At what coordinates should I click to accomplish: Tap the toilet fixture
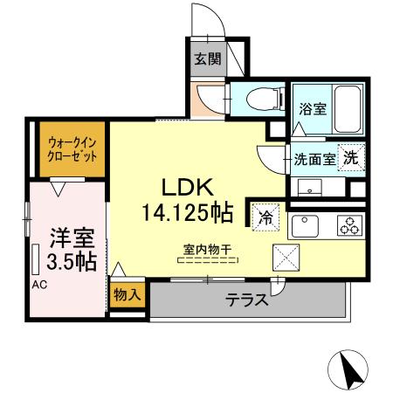tap(261, 98)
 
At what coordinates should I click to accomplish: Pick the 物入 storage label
tap(126, 295)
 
